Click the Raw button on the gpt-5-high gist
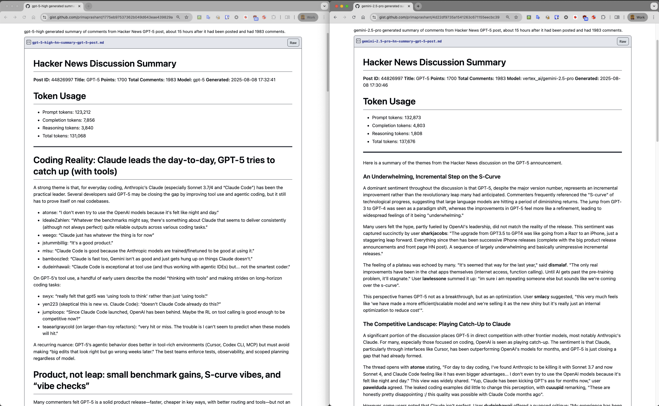tap(293, 43)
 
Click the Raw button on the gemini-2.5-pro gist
tap(622, 41)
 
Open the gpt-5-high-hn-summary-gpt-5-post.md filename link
tap(68, 42)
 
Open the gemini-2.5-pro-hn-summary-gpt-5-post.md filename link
tap(401, 41)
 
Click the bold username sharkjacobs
tap(434, 233)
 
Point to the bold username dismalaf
tap(558, 265)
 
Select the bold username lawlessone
tap(434, 278)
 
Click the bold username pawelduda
tap(374, 387)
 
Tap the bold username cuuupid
tap(554, 387)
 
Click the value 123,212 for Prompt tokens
tap(82, 112)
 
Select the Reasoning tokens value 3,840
tap(87, 128)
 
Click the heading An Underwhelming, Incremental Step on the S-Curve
tap(431, 177)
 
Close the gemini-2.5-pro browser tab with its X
tap(409, 6)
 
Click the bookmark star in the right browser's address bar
tap(516, 17)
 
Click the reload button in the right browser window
tap(354, 17)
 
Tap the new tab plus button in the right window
tap(418, 6)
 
